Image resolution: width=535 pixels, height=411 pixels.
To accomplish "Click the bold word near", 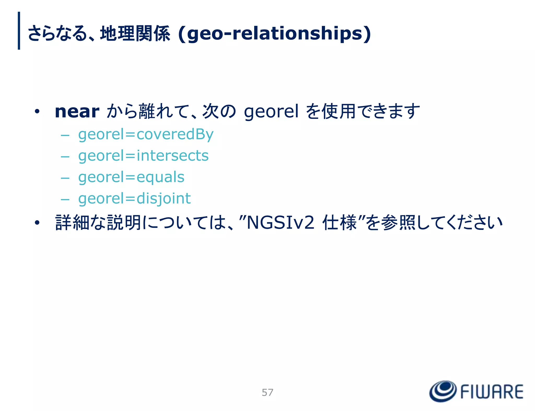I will (77, 112).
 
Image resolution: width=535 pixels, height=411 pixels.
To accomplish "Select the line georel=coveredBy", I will (146, 135).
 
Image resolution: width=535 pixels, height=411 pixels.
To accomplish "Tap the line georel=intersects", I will (143, 156).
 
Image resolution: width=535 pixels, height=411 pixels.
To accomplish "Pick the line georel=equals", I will (131, 177).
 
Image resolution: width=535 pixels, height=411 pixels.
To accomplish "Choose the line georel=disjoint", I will (135, 199).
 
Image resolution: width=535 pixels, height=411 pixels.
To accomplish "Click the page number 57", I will (267, 392).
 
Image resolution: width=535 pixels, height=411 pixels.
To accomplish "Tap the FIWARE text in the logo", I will (492, 392).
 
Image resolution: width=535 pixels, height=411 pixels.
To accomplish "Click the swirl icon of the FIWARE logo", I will (443, 391).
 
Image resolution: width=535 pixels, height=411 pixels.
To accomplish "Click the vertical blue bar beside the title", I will (19, 31).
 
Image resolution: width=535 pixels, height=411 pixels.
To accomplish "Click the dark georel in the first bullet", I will (271, 112).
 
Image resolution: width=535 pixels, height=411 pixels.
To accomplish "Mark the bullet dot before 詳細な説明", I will (37, 223).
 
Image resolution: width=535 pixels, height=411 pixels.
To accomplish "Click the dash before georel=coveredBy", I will (65, 135).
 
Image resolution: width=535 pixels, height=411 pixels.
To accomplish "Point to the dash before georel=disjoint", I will (65, 200).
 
